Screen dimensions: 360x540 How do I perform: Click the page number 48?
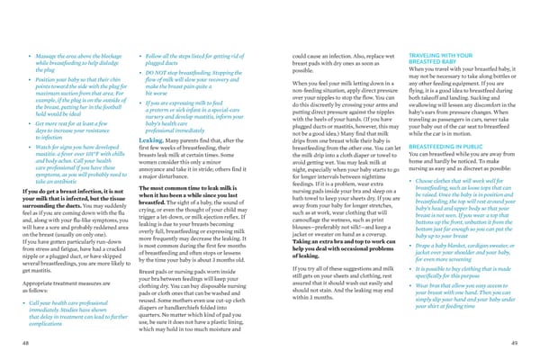26,343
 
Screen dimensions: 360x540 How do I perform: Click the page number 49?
512,343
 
